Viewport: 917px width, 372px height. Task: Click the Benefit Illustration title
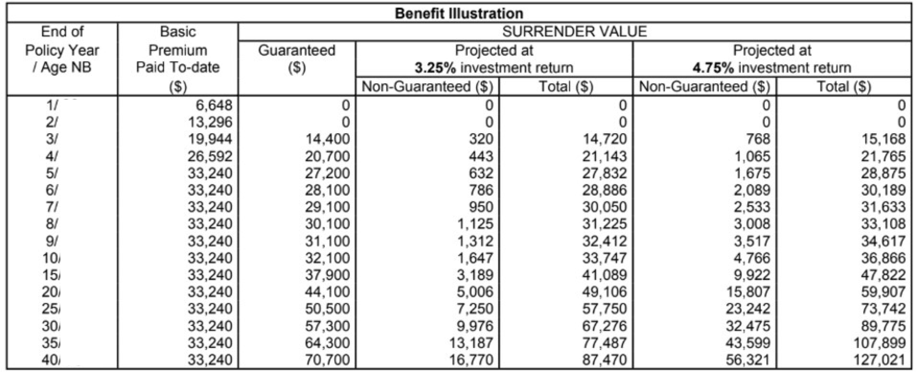(459, 13)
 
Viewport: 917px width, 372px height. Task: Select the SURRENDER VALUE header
(574, 32)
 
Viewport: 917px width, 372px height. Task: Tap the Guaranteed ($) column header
(297, 58)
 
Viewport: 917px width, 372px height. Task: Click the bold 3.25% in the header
(435, 68)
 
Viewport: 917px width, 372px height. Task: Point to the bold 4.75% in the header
(713, 68)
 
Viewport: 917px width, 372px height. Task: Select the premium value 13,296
(210, 122)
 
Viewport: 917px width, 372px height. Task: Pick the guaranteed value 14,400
(328, 139)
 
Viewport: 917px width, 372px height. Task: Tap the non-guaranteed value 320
(481, 139)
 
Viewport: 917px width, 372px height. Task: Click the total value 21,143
(605, 156)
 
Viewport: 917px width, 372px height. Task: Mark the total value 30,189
(883, 190)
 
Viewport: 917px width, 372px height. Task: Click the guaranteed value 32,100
(328, 258)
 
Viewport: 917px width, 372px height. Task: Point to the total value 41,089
(605, 275)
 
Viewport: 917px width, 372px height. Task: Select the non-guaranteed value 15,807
(748, 292)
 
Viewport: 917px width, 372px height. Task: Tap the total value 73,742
(883, 309)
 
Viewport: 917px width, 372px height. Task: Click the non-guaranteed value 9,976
(475, 326)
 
